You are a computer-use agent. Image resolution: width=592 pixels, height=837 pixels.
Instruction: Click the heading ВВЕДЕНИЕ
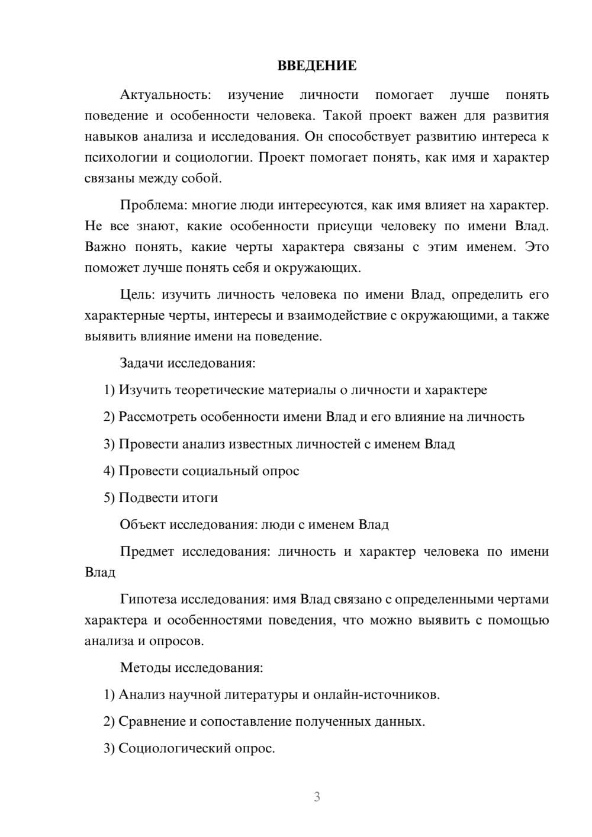[317, 66]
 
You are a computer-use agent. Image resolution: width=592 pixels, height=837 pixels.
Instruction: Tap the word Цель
[137, 295]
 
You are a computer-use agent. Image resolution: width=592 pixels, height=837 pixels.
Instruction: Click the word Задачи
[141, 363]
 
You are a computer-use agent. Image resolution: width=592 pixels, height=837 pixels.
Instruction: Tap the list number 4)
[109, 471]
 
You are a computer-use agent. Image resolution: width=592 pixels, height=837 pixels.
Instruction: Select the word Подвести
[144, 498]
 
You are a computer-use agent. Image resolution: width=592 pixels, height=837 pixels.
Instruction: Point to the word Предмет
[147, 552]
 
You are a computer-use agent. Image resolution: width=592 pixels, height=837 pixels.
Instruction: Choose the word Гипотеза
[148, 599]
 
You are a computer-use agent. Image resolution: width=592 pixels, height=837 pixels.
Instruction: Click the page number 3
[317, 797]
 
